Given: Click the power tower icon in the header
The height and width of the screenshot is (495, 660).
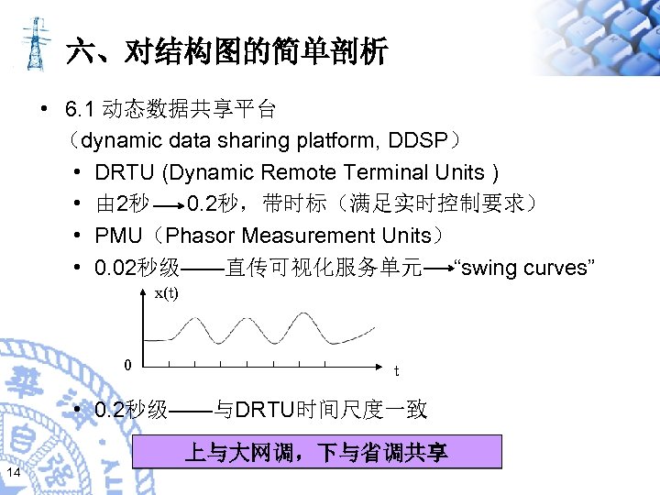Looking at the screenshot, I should point(34,43).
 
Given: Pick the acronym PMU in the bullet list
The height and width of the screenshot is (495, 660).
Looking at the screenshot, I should point(118,236).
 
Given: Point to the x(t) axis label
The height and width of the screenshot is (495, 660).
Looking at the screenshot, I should point(166,293).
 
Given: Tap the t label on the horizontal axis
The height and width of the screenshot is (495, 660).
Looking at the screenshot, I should point(396,371).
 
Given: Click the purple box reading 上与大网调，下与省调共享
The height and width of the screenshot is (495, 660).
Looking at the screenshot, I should point(316,452).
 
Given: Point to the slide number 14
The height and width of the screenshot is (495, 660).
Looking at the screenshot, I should point(14,471).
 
